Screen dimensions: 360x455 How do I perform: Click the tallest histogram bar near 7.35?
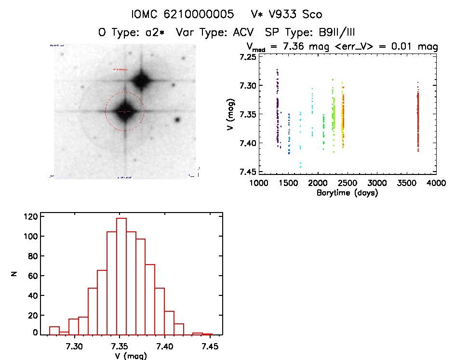(x=121, y=276)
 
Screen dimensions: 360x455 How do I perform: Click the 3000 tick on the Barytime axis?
(x=377, y=183)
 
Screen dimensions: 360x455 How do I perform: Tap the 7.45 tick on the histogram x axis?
(x=210, y=346)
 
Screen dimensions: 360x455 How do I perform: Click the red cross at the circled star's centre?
(x=124, y=111)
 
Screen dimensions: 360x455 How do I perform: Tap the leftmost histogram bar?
(x=54, y=330)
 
